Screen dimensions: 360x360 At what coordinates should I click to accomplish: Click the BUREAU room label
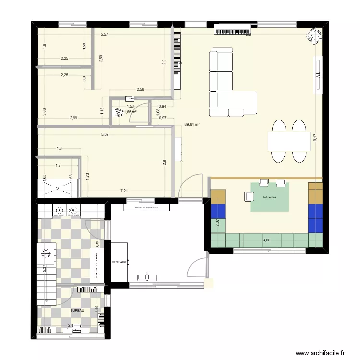pos(77,311)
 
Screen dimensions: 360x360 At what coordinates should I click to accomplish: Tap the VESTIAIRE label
pos(119,263)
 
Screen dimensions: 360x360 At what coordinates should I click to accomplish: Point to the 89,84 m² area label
pos(192,124)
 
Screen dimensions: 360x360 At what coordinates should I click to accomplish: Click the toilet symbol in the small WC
pos(118,112)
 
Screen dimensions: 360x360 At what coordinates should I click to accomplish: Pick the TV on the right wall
pos(317,74)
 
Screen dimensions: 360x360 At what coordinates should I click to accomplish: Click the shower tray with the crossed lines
pos(58,188)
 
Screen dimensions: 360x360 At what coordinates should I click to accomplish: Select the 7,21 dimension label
pos(124,191)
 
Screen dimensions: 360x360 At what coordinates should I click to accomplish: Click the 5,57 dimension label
pos(105,34)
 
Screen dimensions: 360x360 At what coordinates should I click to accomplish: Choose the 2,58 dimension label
pos(140,89)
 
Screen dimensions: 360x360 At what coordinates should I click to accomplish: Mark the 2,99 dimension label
pos(73,118)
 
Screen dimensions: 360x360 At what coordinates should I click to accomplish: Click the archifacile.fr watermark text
pos(321,353)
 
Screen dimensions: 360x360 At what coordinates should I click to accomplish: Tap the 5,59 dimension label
pos(105,135)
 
